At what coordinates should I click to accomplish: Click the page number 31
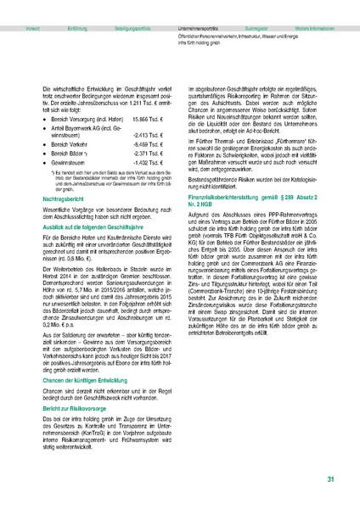330,479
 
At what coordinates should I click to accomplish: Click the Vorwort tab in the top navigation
34,5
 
